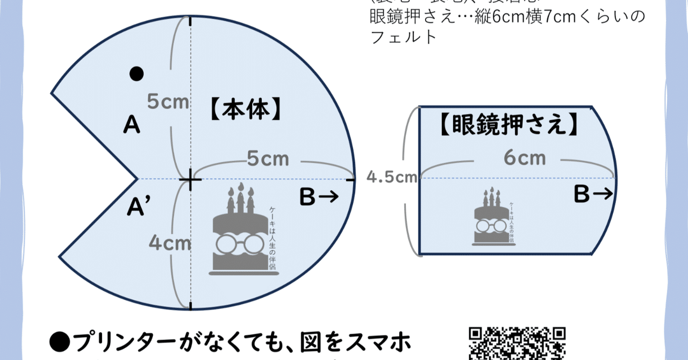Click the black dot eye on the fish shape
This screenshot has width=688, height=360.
point(137,74)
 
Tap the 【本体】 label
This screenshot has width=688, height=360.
point(244,108)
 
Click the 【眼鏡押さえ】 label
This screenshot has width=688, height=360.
point(508,125)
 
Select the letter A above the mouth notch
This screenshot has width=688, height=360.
point(132,126)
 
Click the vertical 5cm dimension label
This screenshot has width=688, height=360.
point(168,102)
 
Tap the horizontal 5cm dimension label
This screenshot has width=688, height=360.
point(268,159)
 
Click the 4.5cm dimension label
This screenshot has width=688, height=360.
point(392,177)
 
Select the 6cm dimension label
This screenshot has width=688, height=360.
point(525,158)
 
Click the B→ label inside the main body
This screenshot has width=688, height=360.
point(319,198)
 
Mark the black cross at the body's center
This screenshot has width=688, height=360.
point(190,179)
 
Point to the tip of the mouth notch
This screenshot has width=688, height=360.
point(138,178)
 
